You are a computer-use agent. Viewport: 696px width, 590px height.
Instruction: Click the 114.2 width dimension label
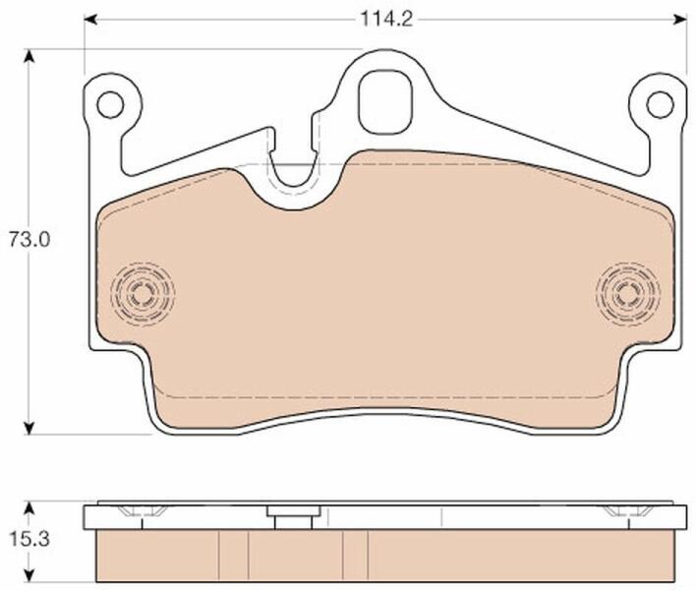coord(386,20)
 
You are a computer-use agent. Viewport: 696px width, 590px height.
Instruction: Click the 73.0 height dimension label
coord(30,240)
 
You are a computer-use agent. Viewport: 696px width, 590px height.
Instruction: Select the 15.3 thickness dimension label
coord(29,540)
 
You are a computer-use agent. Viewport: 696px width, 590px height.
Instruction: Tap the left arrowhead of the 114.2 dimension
coord(90,20)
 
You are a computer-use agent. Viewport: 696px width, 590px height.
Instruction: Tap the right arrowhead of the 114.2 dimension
coord(680,20)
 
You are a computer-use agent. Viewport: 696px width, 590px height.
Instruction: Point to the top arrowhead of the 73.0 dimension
coord(29,56)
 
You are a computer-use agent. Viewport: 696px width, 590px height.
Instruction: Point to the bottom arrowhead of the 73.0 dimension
coord(29,428)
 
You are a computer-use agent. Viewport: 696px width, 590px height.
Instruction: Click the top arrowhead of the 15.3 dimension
coord(29,508)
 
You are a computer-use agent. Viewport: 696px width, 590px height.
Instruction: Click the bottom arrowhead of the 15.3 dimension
coord(29,575)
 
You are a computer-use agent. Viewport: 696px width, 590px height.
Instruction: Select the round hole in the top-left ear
coord(110,105)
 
